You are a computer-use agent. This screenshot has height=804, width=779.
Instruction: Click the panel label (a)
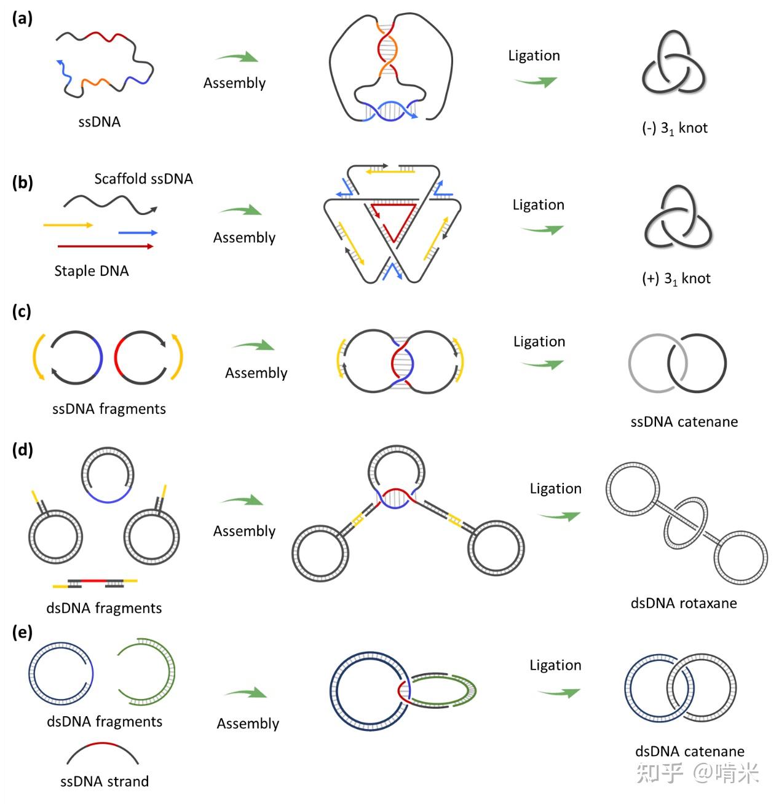click(x=22, y=19)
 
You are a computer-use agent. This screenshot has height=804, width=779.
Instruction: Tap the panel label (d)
click(x=22, y=450)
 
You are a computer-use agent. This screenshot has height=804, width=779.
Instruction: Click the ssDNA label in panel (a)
click(x=99, y=122)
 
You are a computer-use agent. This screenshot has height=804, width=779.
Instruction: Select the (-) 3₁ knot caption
click(x=674, y=128)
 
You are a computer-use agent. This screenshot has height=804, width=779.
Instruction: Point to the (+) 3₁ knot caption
click(x=676, y=279)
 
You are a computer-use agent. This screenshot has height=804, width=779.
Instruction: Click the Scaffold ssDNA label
click(x=143, y=179)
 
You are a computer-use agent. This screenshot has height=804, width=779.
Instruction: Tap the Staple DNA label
click(x=92, y=271)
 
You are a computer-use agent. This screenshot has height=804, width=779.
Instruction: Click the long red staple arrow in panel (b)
click(x=105, y=246)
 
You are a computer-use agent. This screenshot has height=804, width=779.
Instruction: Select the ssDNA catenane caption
click(x=684, y=422)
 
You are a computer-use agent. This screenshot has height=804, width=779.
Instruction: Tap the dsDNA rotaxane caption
click(x=684, y=603)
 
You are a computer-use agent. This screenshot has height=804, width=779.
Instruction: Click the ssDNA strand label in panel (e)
click(x=104, y=781)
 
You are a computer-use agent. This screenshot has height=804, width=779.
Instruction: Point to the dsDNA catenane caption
click(x=690, y=751)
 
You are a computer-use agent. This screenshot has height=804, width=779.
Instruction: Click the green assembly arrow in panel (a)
click(x=237, y=57)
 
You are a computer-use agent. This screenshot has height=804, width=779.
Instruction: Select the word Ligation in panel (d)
click(x=555, y=489)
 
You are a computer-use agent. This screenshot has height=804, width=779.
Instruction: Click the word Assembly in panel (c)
click(x=256, y=373)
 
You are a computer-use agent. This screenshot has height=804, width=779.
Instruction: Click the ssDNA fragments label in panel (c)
click(x=109, y=409)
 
